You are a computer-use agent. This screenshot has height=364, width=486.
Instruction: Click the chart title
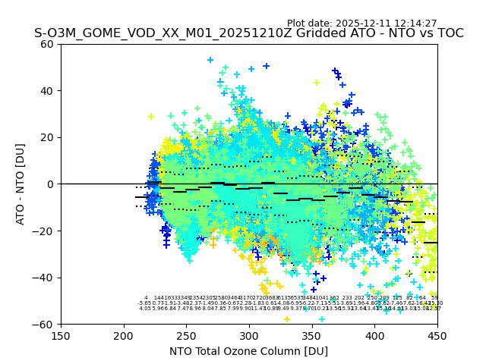tap(248, 34)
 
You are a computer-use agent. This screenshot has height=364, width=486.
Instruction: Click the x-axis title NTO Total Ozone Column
tap(248, 351)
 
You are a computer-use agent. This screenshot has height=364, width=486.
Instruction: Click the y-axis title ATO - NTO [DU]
tap(21, 184)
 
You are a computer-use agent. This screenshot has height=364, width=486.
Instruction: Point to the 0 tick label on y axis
tap(51, 184)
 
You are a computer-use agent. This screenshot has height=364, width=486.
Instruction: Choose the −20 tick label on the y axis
tap(45, 231)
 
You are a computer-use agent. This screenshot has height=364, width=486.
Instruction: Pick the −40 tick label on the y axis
tap(45, 278)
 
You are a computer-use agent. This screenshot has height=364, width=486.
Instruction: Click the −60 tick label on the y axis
tap(45, 325)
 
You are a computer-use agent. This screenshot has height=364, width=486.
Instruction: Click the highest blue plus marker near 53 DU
tap(210, 60)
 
